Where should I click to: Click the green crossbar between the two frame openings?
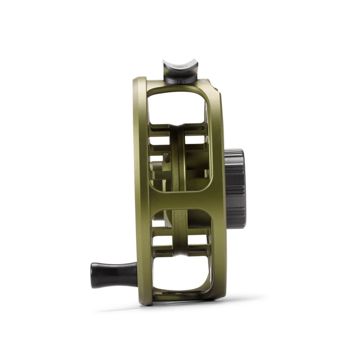(180, 198)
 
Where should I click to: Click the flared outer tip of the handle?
(94, 274)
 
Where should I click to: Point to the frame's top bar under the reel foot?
(180, 87)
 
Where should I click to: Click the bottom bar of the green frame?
(180, 298)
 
